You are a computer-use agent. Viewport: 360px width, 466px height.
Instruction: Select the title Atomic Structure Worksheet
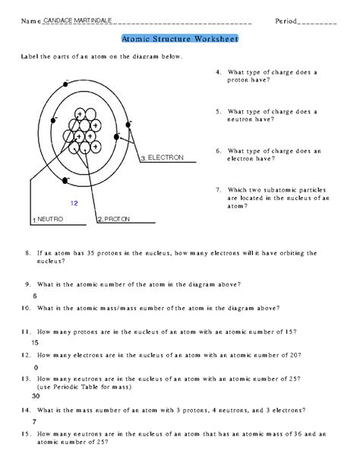click(179, 38)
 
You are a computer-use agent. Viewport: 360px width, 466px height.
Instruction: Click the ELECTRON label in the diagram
click(165, 157)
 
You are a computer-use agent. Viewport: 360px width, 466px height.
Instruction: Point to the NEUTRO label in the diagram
click(50, 219)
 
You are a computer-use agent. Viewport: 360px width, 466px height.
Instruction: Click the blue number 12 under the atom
click(74, 203)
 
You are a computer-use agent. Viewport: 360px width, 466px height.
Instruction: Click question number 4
click(219, 72)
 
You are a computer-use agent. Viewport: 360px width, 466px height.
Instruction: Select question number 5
click(219, 111)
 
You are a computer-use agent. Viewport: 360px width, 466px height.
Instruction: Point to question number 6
click(219, 151)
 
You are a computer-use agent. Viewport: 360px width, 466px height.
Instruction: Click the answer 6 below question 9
click(35, 296)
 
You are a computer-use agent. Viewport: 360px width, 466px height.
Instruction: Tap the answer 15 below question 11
click(35, 343)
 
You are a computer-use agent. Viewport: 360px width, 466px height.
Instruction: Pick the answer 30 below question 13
click(36, 396)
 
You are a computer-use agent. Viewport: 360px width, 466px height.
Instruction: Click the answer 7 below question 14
click(35, 420)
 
